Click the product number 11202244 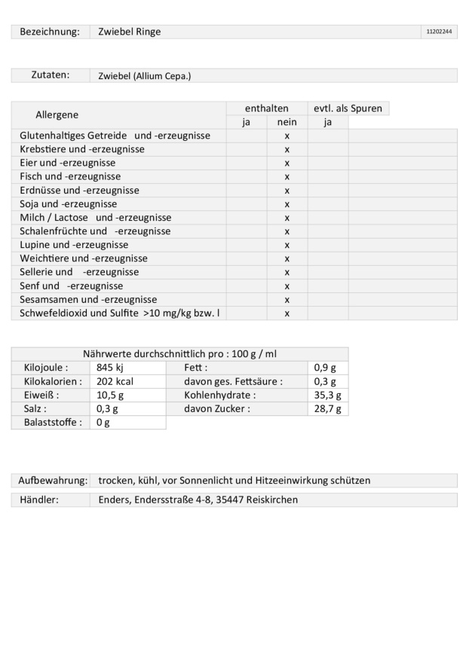pos(439,32)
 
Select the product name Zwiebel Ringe pos(129,32)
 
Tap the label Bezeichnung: pos(49,32)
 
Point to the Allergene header pos(57,115)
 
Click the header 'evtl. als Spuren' pos(348,108)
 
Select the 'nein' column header pos(287,122)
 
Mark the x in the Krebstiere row pos(287,149)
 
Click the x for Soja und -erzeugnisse pos(287,204)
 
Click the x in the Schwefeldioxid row pos(287,313)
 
